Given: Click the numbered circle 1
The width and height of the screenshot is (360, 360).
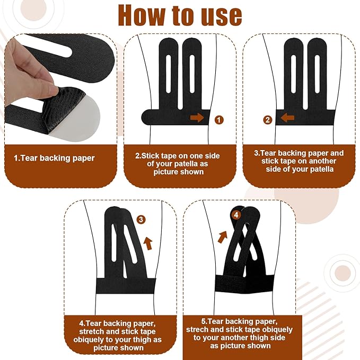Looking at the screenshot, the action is (x=219, y=120).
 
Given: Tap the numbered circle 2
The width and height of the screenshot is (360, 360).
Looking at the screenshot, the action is (x=267, y=120).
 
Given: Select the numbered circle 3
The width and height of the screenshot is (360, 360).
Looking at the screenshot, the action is (x=141, y=219).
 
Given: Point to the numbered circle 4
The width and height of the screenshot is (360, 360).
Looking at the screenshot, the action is (x=236, y=215).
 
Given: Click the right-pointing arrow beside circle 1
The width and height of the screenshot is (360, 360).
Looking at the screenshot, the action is (x=197, y=118).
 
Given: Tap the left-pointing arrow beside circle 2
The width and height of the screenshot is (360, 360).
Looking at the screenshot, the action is (x=287, y=118).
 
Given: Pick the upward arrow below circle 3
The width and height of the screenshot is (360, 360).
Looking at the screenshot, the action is (x=148, y=243).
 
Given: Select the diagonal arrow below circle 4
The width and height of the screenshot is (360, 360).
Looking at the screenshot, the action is (x=223, y=237).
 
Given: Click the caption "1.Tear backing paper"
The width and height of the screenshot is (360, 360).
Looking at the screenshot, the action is (x=54, y=158).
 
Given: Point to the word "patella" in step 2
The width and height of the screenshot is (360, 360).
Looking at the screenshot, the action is (x=188, y=164).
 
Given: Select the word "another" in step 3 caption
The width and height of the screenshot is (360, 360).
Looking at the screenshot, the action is (x=322, y=161).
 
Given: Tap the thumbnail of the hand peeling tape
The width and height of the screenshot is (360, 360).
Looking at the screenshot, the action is (x=59, y=89).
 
